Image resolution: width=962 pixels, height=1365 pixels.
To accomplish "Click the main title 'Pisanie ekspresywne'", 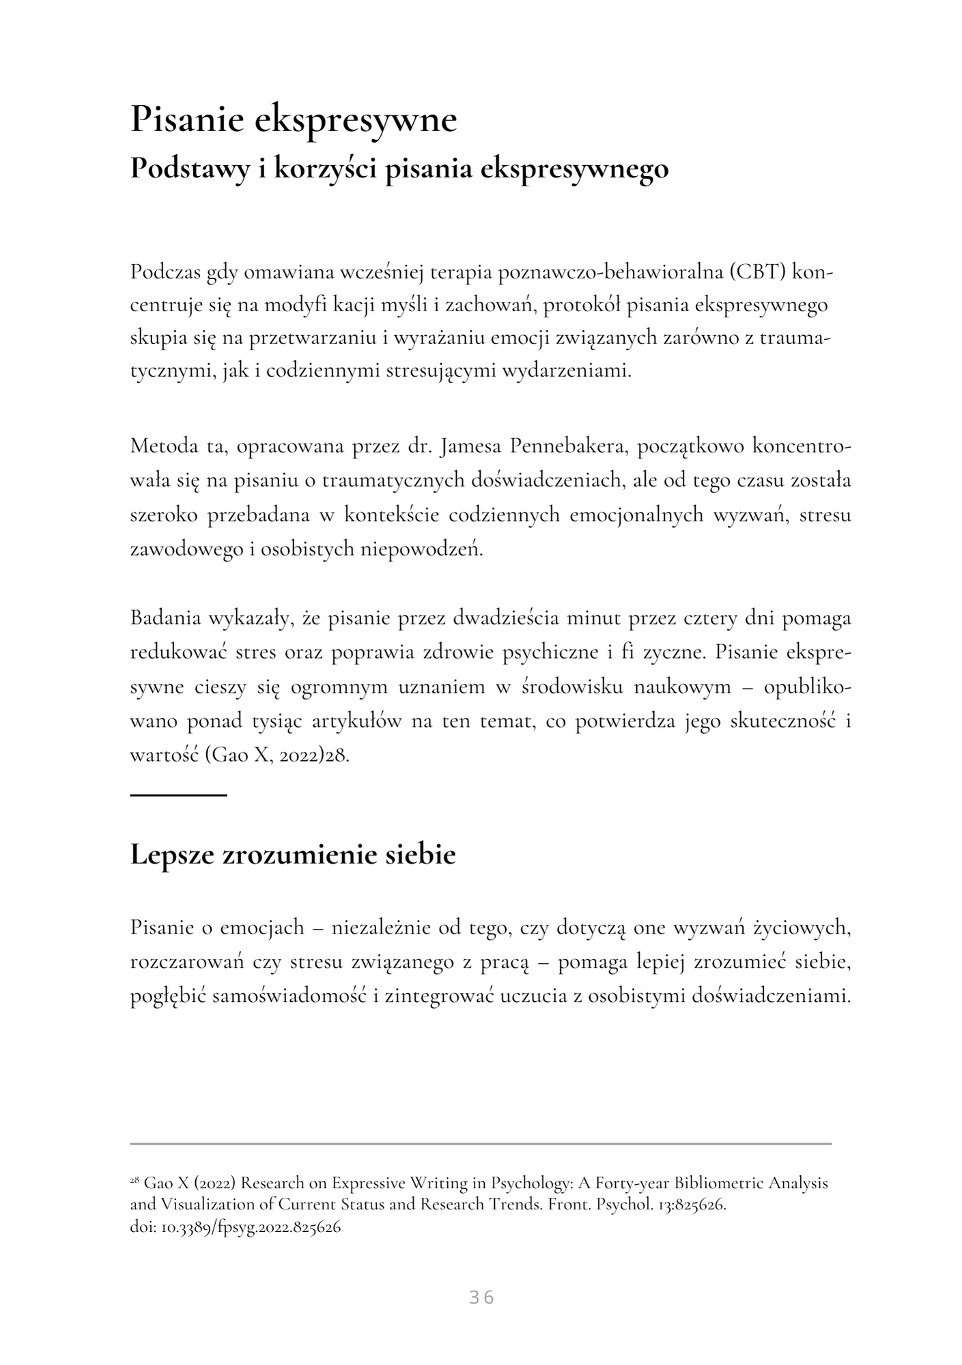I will (x=294, y=120).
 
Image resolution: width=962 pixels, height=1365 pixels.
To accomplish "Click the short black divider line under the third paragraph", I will (x=178, y=795).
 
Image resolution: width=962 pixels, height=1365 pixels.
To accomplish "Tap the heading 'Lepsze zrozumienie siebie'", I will (x=293, y=855).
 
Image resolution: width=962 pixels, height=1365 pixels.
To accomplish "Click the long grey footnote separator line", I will (x=481, y=1143).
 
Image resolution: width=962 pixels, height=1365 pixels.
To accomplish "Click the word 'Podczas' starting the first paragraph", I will (x=161, y=272).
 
